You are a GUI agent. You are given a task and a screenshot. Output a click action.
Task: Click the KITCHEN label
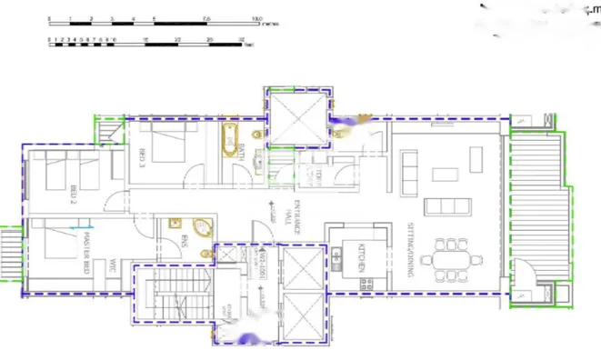(361, 257)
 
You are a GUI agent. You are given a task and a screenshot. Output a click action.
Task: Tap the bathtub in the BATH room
(229, 144)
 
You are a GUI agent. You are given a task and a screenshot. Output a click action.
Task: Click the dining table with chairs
(452, 255)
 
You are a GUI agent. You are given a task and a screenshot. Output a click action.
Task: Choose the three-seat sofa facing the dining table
(446, 204)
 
